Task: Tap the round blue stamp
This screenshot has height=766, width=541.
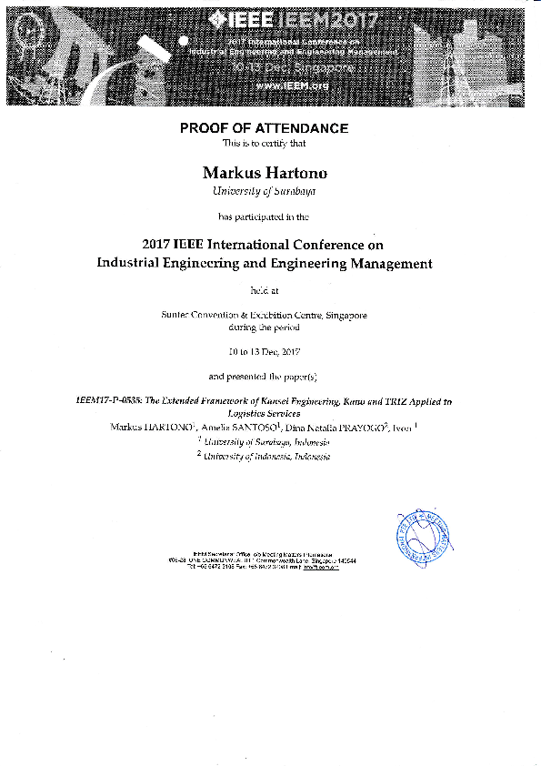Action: coord(422,537)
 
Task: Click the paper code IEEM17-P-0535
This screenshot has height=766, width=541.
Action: coord(111,401)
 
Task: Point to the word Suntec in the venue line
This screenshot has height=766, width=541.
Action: coord(174,314)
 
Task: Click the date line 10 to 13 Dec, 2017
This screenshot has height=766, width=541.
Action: coord(264,351)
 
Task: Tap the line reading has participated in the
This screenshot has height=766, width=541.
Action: coord(264,217)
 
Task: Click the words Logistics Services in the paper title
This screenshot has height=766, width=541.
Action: coord(264,413)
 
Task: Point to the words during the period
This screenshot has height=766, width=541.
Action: coord(264,326)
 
